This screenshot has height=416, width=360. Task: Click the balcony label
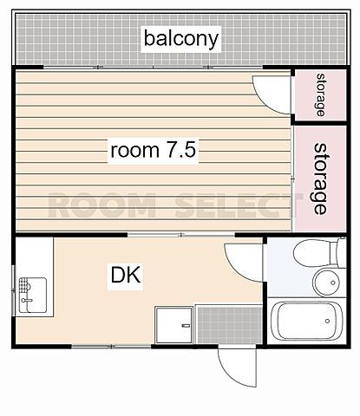click(x=181, y=39)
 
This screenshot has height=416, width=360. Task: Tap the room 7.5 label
click(x=154, y=151)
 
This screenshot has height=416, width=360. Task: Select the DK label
click(x=126, y=276)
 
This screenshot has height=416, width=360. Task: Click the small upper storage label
click(x=320, y=94)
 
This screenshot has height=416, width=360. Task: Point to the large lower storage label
click(x=320, y=179)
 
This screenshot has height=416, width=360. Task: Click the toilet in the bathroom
click(x=315, y=253)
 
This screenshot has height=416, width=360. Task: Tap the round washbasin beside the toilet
click(x=326, y=283)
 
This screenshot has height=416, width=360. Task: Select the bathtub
click(x=307, y=321)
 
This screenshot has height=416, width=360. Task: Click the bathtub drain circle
click(x=327, y=321)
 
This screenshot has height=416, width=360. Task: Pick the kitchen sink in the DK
click(x=33, y=296)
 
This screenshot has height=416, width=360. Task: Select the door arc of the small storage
click(x=265, y=101)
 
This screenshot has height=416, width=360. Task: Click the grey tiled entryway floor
click(x=229, y=325)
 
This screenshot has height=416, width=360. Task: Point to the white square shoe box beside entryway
click(x=173, y=325)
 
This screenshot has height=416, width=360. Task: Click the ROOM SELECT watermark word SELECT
click(x=236, y=205)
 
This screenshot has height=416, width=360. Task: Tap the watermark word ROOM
click(x=102, y=205)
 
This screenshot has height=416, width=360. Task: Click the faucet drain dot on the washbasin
click(x=333, y=283)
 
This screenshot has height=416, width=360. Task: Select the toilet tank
click(x=342, y=252)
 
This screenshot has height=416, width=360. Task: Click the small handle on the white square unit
click(x=186, y=326)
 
